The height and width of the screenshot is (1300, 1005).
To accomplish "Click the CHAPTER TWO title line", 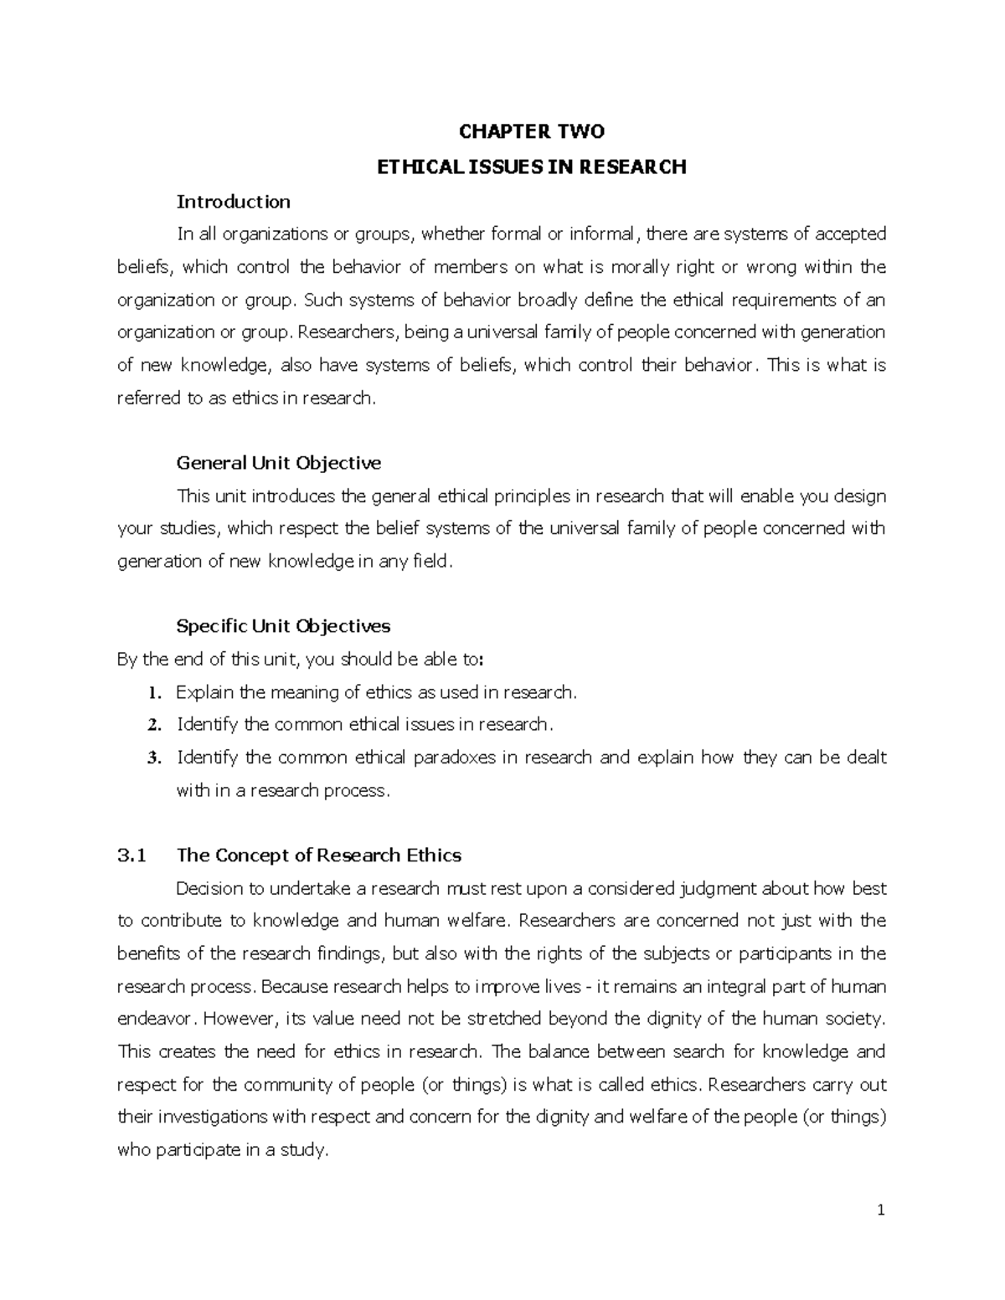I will coord(532,131).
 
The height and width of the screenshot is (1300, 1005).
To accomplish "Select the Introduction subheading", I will coord(233,202).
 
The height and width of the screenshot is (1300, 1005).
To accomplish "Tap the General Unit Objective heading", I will coord(278,463).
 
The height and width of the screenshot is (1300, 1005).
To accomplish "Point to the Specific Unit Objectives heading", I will coord(283,626).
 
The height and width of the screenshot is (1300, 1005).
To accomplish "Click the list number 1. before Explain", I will coord(152,693).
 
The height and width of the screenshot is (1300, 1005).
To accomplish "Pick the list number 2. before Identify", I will coord(152,725).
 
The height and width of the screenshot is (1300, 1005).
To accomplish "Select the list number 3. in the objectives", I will coord(152,758).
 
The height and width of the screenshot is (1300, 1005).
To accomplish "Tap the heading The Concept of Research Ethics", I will coord(319,856).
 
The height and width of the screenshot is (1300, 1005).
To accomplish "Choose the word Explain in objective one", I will coord(205,692).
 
